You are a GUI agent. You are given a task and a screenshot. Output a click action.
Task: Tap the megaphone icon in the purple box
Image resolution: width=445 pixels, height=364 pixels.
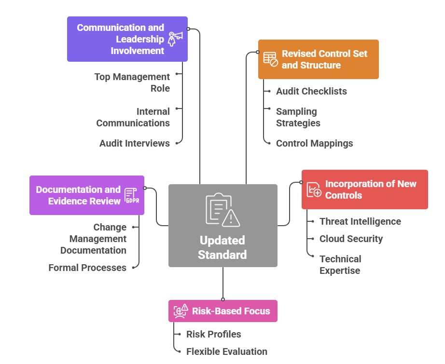(175, 39)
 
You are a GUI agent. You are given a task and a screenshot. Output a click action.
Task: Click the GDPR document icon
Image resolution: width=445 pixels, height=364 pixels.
(132, 195)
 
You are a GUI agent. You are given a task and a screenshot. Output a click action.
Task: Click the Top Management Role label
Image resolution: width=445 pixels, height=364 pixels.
(132, 82)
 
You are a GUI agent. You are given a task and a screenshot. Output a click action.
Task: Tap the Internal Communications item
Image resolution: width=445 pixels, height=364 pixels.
(133, 117)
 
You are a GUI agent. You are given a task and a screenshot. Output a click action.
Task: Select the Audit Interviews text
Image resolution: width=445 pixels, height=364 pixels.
(135, 143)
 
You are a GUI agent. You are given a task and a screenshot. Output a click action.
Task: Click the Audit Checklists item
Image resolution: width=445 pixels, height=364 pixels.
(311, 91)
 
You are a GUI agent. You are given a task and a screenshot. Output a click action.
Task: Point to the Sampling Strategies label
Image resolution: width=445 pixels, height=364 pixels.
(298, 117)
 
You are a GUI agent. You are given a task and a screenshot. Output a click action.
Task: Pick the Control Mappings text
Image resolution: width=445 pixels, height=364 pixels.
(314, 143)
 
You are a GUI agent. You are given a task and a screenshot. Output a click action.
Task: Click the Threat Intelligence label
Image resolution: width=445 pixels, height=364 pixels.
(360, 221)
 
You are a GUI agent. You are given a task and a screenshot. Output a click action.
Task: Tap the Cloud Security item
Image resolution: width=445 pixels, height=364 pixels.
(351, 239)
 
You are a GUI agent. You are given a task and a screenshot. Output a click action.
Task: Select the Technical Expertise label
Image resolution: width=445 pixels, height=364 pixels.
(340, 265)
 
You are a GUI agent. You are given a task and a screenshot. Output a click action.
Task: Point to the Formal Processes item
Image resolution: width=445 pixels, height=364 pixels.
(87, 268)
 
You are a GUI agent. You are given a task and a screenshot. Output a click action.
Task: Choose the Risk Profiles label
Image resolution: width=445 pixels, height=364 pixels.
(213, 334)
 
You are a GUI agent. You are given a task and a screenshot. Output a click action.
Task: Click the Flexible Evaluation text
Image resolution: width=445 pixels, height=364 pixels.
(226, 351)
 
